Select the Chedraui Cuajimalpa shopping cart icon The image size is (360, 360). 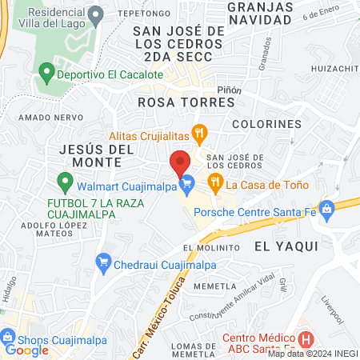click(x=102, y=262)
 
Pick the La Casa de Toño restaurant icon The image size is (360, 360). click(x=214, y=183)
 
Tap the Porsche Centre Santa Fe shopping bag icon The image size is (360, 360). click(x=326, y=211)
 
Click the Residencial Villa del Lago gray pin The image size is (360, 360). click(x=96, y=14)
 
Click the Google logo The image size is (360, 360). click(x=26, y=350)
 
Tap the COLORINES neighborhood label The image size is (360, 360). click(x=266, y=125)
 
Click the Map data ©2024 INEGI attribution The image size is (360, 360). click(x=312, y=353)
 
